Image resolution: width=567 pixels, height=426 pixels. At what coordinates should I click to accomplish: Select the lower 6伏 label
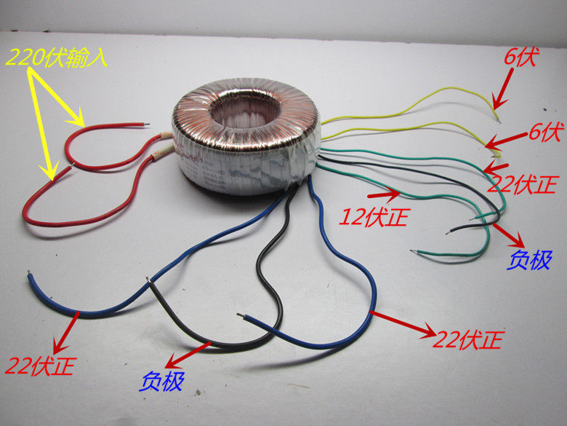tap(544, 133)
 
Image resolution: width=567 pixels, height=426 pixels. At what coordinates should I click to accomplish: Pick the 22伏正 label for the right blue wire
tap(469, 337)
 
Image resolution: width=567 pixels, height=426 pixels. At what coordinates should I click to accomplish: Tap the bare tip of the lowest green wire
tap(414, 253)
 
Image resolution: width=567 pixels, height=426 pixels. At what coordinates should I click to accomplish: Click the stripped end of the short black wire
tap(449, 232)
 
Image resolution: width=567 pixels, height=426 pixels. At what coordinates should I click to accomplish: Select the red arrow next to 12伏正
tap(385, 194)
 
